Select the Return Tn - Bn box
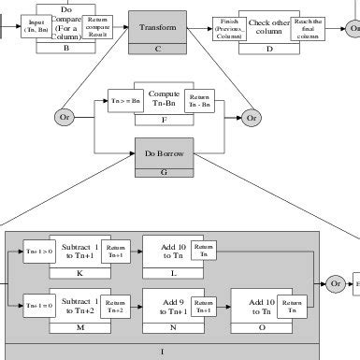click(x=199, y=101)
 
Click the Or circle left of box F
click(x=65, y=118)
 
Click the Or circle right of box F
click(x=278, y=118)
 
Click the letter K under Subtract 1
click(x=80, y=273)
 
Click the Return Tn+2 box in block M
click(x=114, y=304)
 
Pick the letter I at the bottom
click(x=164, y=353)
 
